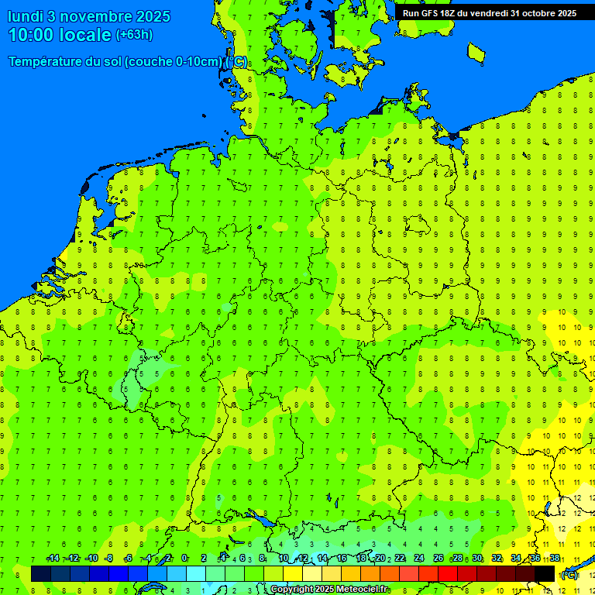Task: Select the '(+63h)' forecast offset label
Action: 134,35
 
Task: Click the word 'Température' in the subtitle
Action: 45,62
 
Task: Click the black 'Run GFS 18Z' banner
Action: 490,12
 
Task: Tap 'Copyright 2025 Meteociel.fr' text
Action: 329,590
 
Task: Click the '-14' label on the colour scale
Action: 53,559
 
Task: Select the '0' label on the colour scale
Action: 184,559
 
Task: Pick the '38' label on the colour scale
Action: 555,559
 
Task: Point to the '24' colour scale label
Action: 419,559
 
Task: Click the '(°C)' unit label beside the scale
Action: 569,575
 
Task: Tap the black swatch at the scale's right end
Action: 545,574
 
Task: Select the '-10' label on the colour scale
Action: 91,559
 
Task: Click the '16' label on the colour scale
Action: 342,559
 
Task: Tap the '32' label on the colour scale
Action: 497,559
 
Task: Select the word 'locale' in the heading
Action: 88,35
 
